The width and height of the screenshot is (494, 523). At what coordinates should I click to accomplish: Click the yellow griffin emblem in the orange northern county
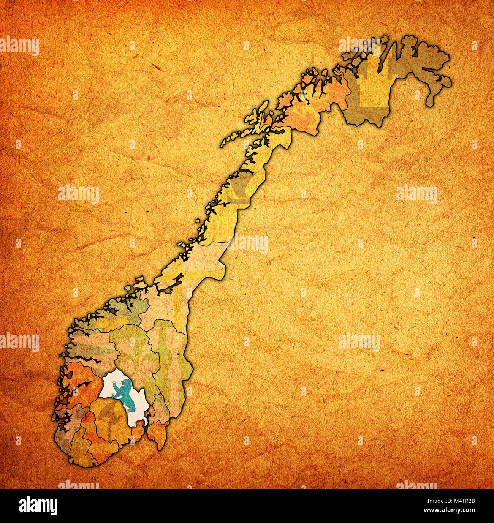304,112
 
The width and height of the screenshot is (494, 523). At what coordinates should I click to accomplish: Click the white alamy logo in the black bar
38,506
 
